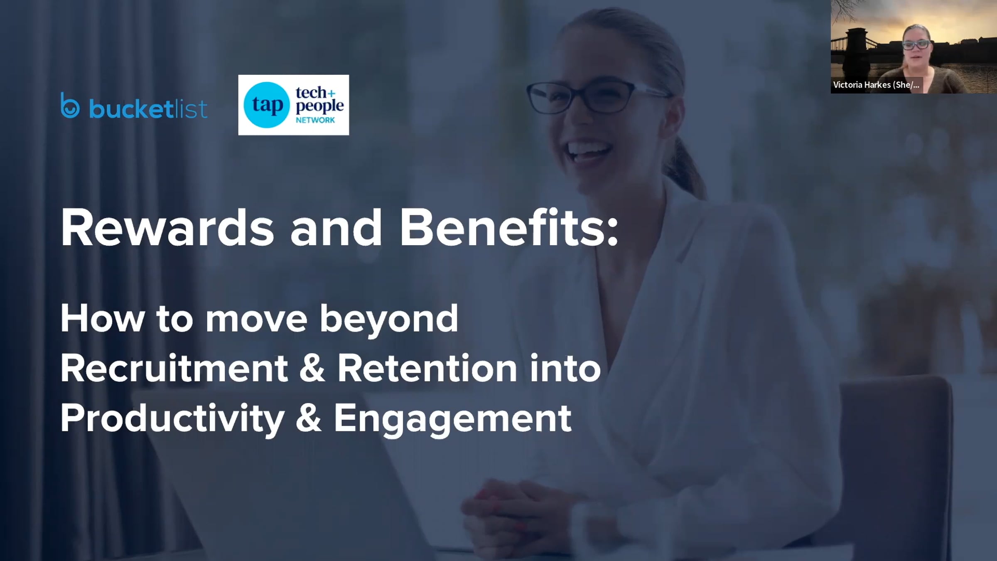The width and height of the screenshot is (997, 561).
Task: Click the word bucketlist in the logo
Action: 148,109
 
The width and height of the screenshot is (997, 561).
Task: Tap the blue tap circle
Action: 266,105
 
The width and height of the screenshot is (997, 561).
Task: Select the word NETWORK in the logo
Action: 315,120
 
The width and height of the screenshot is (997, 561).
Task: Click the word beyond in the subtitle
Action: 389,319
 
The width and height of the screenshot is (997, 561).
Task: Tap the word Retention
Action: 427,368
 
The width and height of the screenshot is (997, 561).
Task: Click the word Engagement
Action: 453,419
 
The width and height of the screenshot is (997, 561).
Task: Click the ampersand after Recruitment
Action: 312,368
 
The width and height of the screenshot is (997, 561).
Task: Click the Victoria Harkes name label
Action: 877,85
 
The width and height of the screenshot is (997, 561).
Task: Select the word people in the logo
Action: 320,106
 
